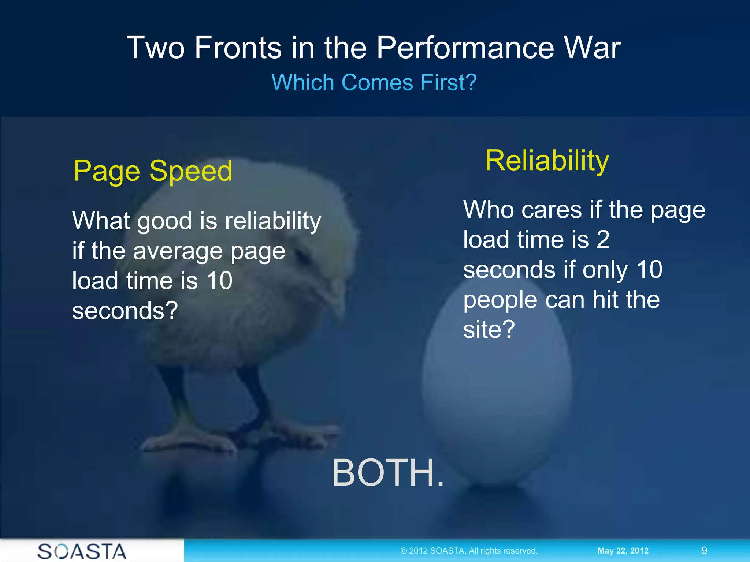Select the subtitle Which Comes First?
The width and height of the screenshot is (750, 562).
[x=374, y=82]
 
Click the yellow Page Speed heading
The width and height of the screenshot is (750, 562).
[x=152, y=171]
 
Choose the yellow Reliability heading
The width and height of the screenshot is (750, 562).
[x=547, y=161]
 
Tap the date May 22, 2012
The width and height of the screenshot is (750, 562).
[x=623, y=551]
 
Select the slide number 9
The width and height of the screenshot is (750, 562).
[x=704, y=550]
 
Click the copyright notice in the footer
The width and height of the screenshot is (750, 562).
[x=469, y=551]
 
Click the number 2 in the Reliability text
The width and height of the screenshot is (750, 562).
[x=603, y=240]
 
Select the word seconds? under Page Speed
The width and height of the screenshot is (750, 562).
[x=125, y=311]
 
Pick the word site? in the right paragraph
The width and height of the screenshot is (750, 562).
[x=489, y=329]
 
